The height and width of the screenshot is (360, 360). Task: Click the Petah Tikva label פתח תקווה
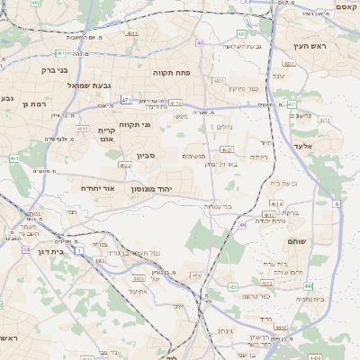coord(168,72)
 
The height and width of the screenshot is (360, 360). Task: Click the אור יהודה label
coord(98,189)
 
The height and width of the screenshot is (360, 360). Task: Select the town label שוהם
coord(297,243)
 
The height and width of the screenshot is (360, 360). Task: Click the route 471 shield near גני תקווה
coord(127,100)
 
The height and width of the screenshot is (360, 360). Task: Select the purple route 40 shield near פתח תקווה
coord(200,42)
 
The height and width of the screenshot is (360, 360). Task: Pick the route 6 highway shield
coord(337,204)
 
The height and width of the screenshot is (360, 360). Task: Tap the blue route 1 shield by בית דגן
coord(79,251)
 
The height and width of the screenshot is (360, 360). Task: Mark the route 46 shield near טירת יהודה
coord(243,224)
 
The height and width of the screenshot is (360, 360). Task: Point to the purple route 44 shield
coord(27,249)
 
